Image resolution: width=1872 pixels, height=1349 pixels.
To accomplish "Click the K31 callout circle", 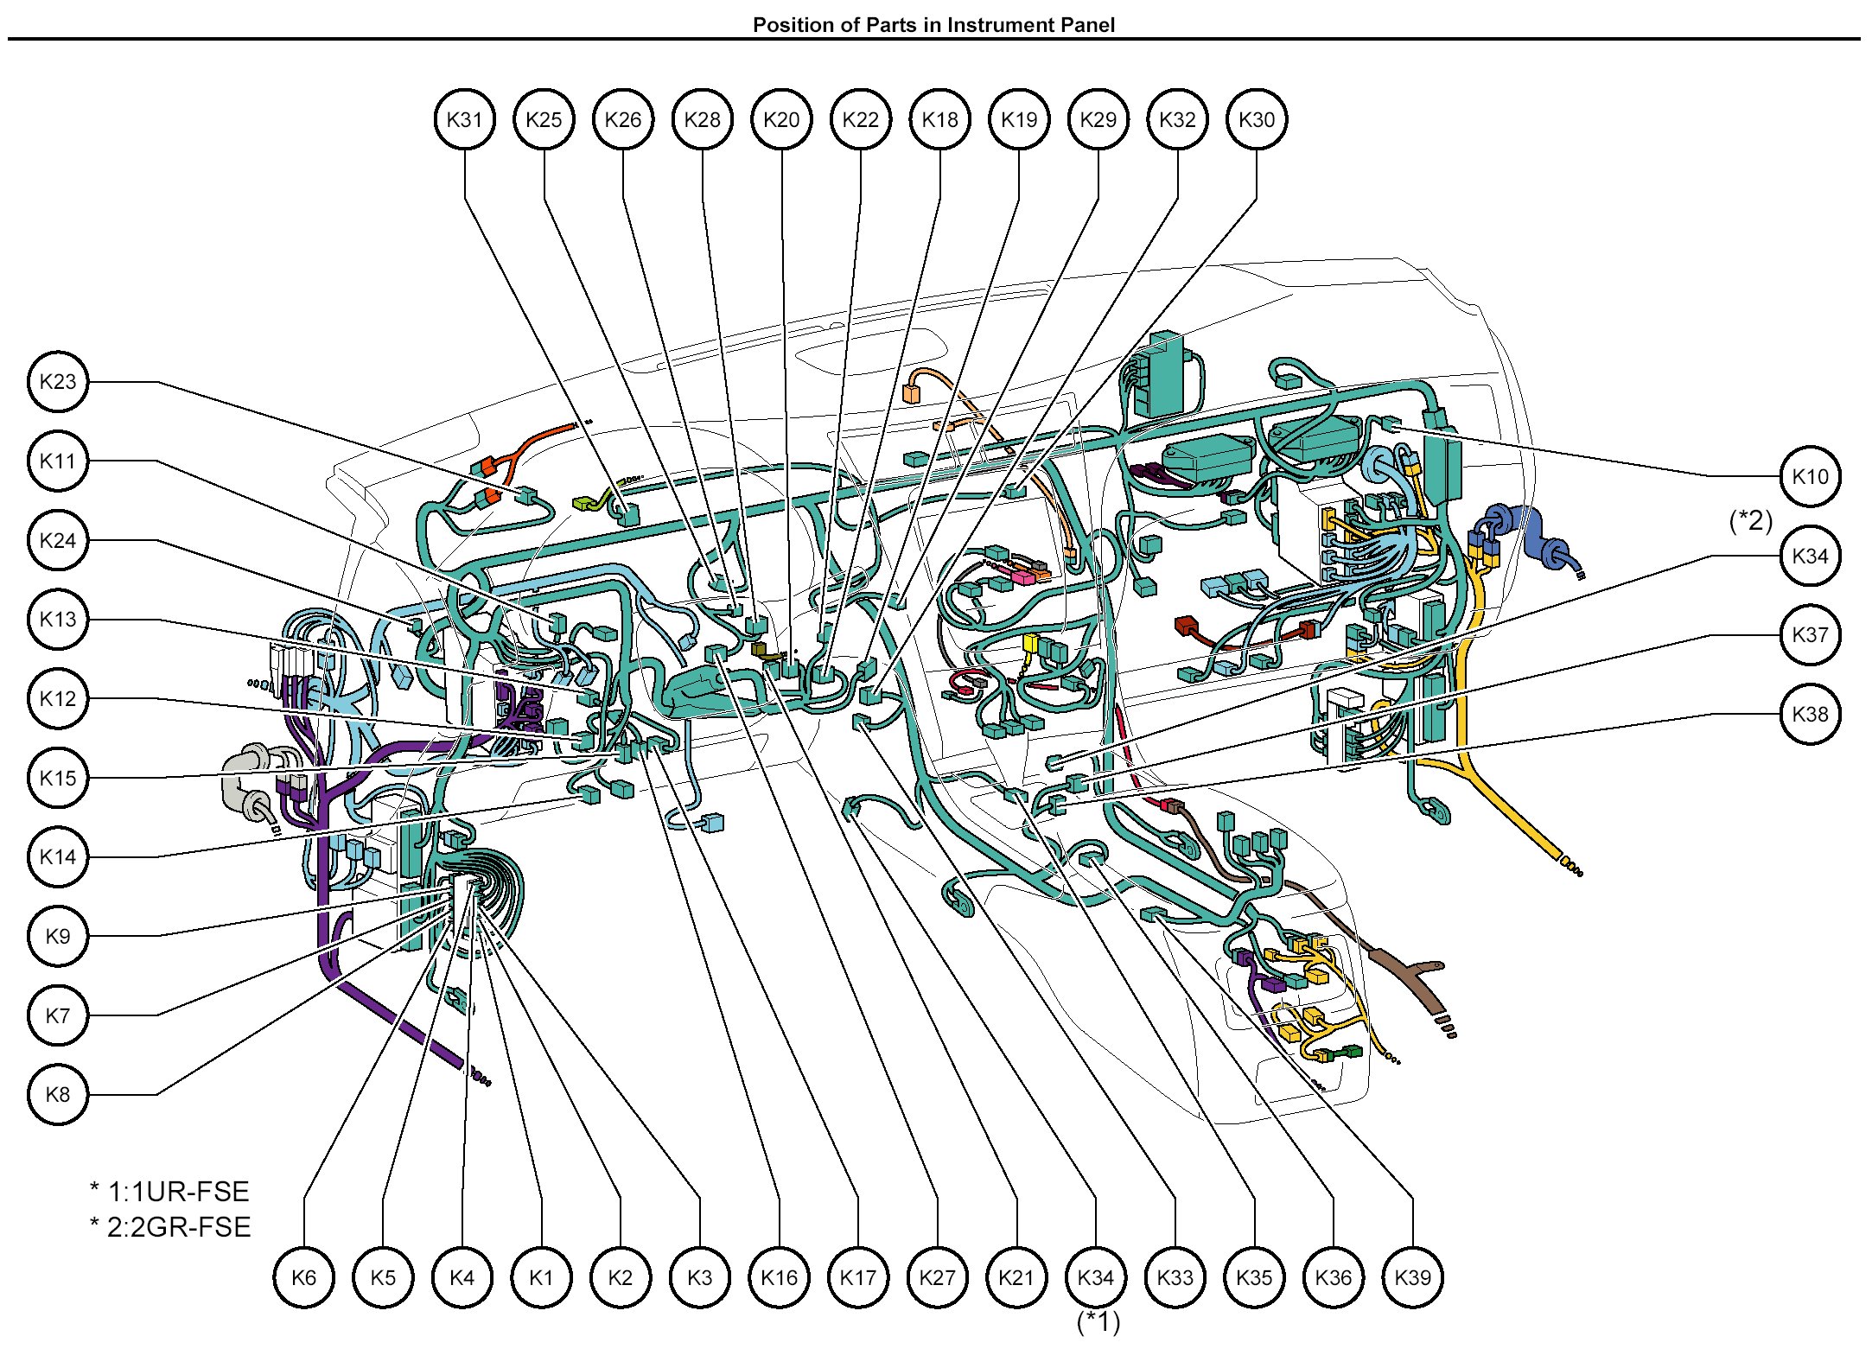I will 464,119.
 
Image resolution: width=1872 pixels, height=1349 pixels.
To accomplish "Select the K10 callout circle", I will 1810,476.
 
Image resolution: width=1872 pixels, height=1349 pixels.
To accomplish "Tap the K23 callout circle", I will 58,381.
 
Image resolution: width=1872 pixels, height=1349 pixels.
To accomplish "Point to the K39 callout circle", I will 1412,1277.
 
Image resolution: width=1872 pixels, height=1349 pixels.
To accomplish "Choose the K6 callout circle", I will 304,1277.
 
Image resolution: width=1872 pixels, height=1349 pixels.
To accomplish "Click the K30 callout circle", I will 1257,119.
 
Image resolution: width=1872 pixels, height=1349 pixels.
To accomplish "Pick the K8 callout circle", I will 58,1094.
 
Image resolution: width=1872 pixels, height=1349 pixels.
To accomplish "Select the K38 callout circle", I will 1810,714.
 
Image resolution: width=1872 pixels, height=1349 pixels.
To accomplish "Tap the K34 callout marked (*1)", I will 1096,1277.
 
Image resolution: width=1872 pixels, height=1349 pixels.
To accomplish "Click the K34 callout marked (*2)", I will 1810,556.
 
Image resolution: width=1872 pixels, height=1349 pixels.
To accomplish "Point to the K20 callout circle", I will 781,119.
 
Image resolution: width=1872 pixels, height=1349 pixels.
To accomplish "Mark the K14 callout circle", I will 58,856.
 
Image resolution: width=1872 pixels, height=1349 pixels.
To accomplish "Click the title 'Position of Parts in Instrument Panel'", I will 933,24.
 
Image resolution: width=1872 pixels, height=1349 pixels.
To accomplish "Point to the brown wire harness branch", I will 1383,951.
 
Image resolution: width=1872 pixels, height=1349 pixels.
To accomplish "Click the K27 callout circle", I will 938,1277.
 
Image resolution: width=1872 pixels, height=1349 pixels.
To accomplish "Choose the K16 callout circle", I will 780,1277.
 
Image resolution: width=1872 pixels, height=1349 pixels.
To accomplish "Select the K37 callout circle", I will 1810,635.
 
